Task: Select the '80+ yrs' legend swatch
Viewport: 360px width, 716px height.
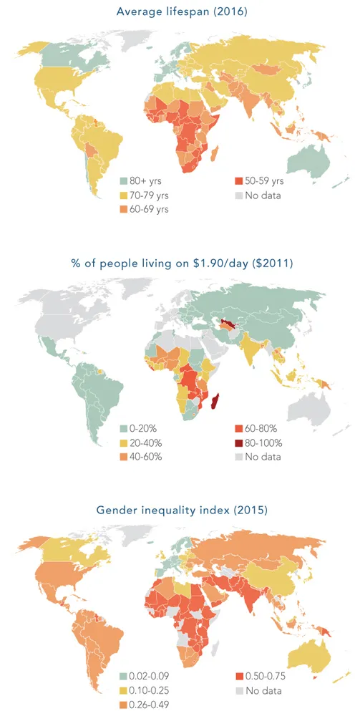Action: [x=123, y=181]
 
